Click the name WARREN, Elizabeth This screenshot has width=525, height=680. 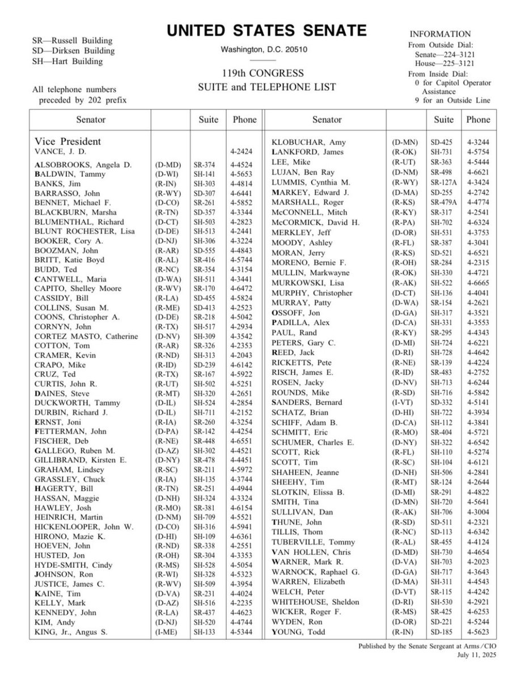pyautogui.click(x=308, y=581)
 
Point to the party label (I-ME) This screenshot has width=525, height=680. pyautogui.click(x=168, y=631)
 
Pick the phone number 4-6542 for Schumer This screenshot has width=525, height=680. pyautogui.click(x=479, y=442)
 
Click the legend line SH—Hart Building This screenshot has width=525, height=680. pyautogui.click(x=68, y=61)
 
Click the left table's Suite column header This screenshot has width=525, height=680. pyautogui.click(x=208, y=120)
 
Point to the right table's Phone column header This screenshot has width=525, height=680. pyautogui.click(x=478, y=120)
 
